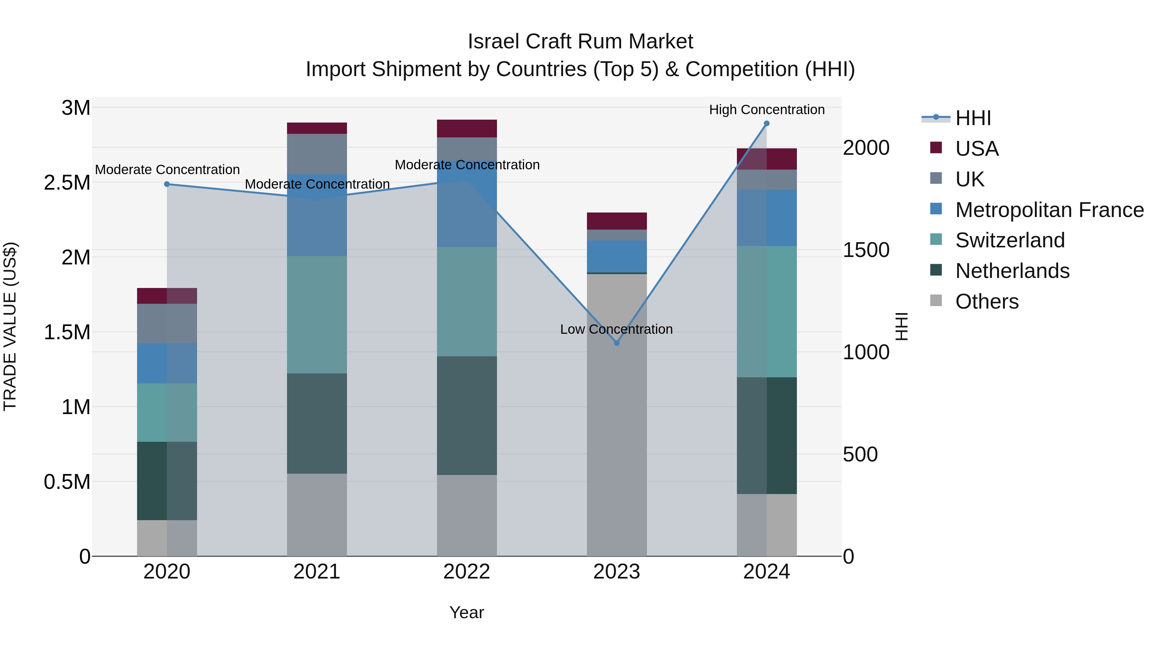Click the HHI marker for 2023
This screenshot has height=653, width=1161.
click(617, 343)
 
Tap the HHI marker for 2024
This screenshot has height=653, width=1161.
click(767, 124)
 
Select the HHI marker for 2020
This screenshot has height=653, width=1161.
click(167, 184)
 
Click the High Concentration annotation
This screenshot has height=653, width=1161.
click(767, 110)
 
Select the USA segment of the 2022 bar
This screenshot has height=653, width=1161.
click(467, 128)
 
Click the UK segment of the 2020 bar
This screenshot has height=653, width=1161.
click(167, 323)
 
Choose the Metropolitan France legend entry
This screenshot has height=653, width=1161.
click(1049, 210)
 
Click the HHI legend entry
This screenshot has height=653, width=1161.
click(973, 118)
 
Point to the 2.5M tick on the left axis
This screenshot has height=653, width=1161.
click(67, 183)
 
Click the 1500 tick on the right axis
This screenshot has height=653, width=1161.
click(866, 250)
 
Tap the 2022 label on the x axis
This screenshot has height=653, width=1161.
click(466, 572)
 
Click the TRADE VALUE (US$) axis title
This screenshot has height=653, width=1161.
click(10, 326)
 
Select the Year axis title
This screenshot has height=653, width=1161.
click(466, 612)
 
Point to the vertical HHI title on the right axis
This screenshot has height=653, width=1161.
click(901, 326)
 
